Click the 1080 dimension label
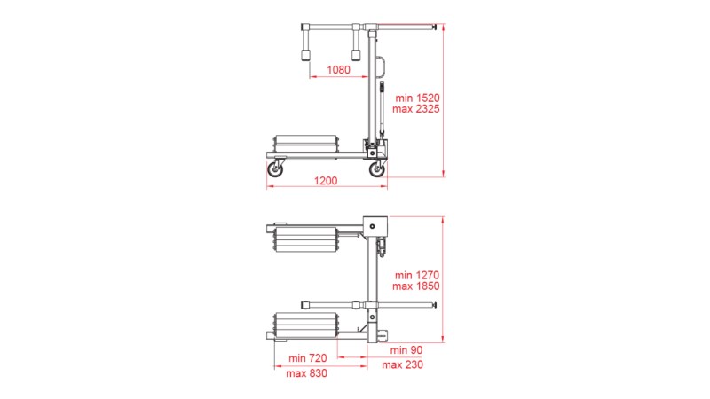339,70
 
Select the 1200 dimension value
326,181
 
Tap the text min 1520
417,98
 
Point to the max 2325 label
415,108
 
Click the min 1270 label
416,275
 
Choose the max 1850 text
415,286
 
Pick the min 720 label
307,358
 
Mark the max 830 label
306,373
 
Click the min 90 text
406,350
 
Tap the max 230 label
402,364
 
